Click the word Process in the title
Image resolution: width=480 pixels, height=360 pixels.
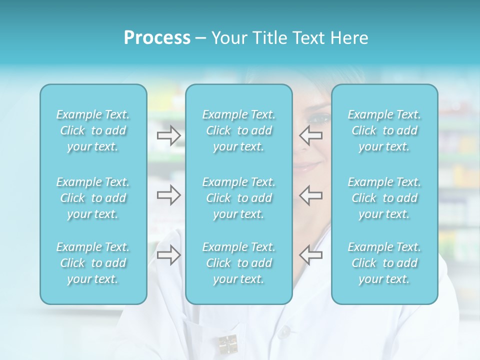(x=157, y=38)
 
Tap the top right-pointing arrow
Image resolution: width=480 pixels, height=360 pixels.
(x=168, y=135)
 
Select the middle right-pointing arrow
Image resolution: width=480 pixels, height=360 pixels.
(x=168, y=195)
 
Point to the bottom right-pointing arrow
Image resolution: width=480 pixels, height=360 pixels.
(x=168, y=254)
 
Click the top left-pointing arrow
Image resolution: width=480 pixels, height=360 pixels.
(x=311, y=135)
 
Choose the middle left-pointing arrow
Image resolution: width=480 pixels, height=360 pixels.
(x=311, y=195)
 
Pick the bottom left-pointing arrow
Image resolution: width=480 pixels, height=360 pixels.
(x=311, y=254)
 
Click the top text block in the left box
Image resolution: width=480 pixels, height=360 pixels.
(x=93, y=130)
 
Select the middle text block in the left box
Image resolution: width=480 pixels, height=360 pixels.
(x=93, y=198)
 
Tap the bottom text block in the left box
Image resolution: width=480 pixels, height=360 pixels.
(x=93, y=263)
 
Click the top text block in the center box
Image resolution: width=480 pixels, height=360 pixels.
(x=239, y=130)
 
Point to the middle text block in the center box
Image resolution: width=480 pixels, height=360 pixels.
(x=239, y=198)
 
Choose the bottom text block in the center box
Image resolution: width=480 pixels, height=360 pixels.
(x=239, y=263)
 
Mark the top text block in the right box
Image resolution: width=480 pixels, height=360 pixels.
(x=384, y=130)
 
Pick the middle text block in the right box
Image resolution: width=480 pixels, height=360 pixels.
(x=384, y=198)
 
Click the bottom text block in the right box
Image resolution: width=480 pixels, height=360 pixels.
(x=384, y=263)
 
